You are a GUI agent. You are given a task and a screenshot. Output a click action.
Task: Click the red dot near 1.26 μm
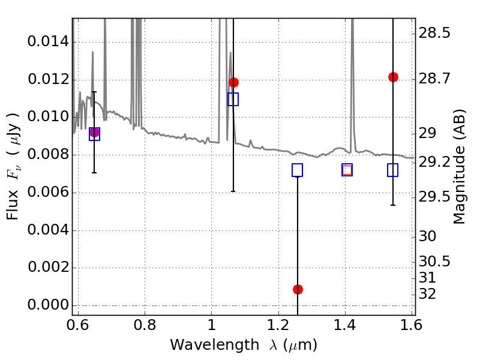(x=298, y=289)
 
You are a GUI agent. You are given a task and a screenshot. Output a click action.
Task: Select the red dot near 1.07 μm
(x=233, y=82)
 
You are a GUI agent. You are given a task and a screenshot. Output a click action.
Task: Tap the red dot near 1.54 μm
(x=393, y=77)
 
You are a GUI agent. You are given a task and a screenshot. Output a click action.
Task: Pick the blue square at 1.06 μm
(x=233, y=100)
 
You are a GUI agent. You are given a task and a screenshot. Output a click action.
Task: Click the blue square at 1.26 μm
(x=297, y=170)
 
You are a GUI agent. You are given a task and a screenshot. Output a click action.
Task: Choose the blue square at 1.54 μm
(x=393, y=170)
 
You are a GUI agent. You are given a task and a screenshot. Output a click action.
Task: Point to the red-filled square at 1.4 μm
(x=347, y=170)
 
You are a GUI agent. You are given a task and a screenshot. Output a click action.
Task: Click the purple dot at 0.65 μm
(x=94, y=133)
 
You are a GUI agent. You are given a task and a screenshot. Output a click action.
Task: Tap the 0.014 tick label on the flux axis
(x=47, y=42)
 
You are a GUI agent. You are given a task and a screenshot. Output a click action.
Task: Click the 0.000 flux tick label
(x=47, y=305)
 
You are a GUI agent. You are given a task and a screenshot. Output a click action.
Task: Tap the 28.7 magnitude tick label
(x=435, y=78)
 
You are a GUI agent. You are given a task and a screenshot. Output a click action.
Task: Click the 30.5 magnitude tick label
(x=435, y=262)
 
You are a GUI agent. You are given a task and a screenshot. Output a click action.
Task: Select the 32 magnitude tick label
(x=430, y=294)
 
